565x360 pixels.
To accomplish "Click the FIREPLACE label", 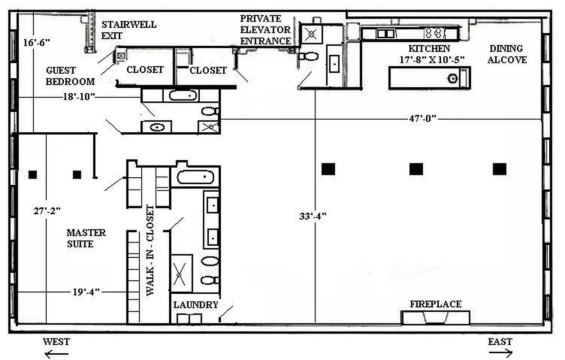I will pyautogui.click(x=435, y=304).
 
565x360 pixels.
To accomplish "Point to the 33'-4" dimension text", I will pyautogui.click(x=313, y=216).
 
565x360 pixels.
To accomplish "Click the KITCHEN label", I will pyautogui.click(x=429, y=49).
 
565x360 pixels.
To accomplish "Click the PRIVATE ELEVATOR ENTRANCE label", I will pyautogui.click(x=265, y=30).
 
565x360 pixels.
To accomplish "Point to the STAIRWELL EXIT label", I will pyautogui.click(x=129, y=30).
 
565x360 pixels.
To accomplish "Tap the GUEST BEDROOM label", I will pyautogui.click(x=70, y=76).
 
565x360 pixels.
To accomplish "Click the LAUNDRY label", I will pyautogui.click(x=196, y=305).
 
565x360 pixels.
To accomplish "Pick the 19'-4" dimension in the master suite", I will pyautogui.click(x=85, y=292).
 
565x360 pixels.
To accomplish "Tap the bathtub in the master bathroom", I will pyautogui.click(x=194, y=177).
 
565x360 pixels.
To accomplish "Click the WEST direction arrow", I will pyautogui.click(x=57, y=354).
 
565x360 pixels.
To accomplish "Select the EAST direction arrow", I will pyautogui.click(x=500, y=354).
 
